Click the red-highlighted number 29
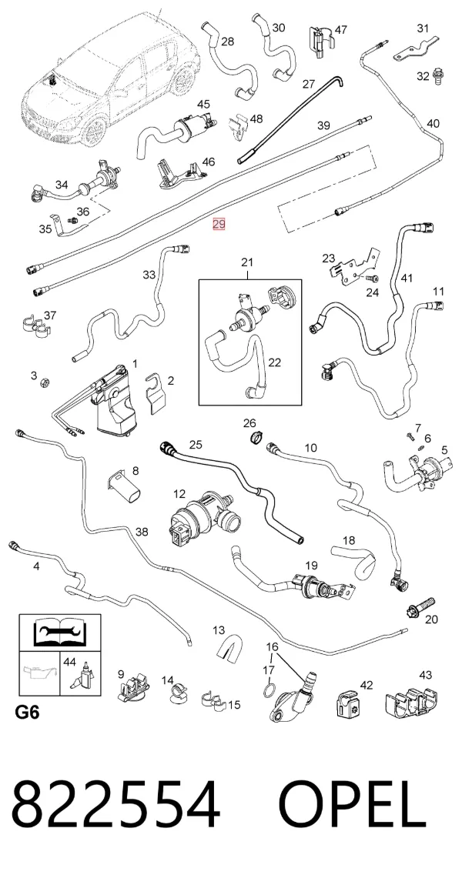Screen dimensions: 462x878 (x=219, y=225)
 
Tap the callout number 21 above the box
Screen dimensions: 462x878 (x=247, y=262)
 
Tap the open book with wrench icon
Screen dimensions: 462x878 (x=60, y=633)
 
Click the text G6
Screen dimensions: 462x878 (x=27, y=713)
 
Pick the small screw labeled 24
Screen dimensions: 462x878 (x=371, y=279)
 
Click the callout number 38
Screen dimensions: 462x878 (x=142, y=532)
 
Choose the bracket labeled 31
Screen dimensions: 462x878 (x=415, y=49)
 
